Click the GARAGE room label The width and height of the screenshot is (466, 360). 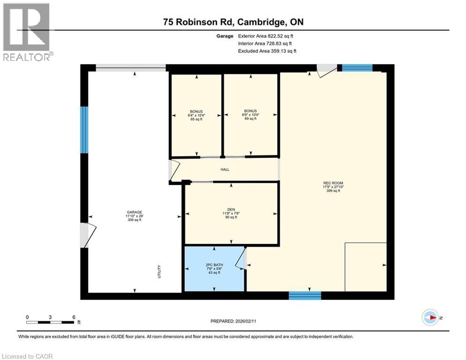click(134, 212)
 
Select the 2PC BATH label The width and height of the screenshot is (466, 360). click(215, 265)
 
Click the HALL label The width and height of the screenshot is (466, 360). click(225, 169)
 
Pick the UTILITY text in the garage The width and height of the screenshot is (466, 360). click(160, 272)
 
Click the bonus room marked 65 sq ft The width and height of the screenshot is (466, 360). click(196, 115)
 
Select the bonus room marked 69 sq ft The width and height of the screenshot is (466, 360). click(251, 115)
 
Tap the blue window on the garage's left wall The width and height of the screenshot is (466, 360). click(84, 130)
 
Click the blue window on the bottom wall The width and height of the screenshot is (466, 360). click(305, 295)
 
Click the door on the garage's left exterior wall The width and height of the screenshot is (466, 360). click(87, 235)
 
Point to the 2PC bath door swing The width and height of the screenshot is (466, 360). click(241, 258)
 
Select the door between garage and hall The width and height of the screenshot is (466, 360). click(173, 171)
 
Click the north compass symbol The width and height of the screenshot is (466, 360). click(429, 317)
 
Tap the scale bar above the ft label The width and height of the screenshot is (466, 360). click(50, 322)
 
